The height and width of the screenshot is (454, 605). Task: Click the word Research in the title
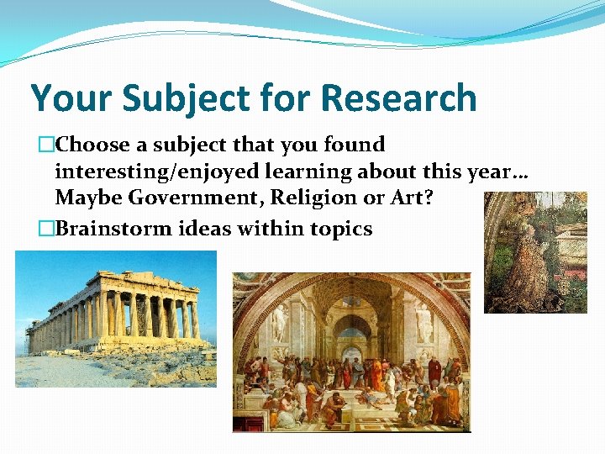click(398, 98)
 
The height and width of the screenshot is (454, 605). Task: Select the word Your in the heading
click(71, 98)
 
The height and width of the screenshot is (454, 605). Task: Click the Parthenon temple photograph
click(116, 319)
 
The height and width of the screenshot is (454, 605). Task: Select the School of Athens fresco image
click(351, 352)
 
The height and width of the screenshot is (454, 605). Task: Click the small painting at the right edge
click(535, 252)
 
